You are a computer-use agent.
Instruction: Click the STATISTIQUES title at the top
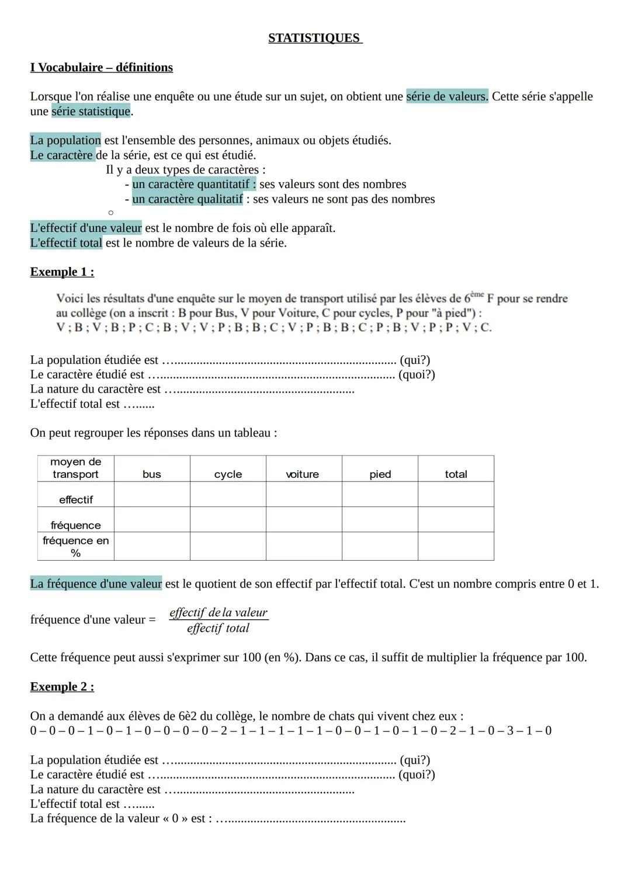315,38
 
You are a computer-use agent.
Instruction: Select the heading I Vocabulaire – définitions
101,67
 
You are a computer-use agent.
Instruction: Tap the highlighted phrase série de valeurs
447,96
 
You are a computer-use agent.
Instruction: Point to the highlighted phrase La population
65,140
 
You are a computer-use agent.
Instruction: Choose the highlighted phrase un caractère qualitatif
188,199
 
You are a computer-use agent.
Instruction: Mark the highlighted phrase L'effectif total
66,242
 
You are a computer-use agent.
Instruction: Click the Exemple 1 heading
62,272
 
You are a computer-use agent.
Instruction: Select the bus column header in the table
152,474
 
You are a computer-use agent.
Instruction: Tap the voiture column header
303,474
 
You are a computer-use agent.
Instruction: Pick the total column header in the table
456,474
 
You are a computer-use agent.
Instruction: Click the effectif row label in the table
76,499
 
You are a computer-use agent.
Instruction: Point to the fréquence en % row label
76,547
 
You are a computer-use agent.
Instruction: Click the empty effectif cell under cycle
228,495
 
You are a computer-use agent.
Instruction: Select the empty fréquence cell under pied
380,520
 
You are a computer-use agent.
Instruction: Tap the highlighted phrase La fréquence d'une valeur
96,584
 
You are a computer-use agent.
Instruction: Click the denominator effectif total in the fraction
218,628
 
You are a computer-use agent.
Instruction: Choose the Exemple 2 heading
62,686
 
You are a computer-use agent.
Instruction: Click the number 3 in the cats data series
509,731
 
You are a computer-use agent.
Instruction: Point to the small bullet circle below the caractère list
110,213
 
